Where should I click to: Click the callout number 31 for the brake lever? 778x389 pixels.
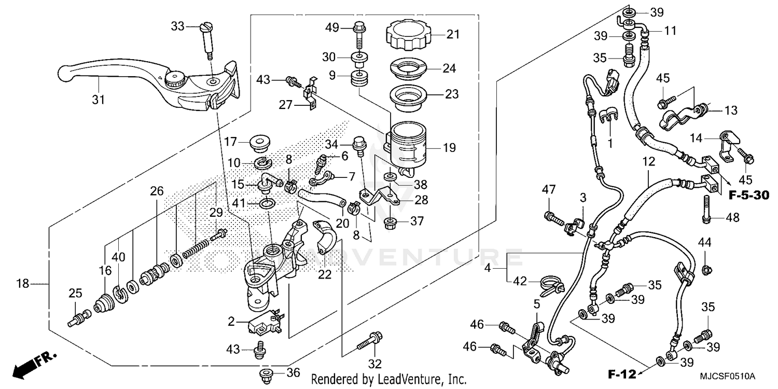(x=99, y=99)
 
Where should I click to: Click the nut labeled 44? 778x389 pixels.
(x=705, y=268)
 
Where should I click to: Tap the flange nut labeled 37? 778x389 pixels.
(x=390, y=224)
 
